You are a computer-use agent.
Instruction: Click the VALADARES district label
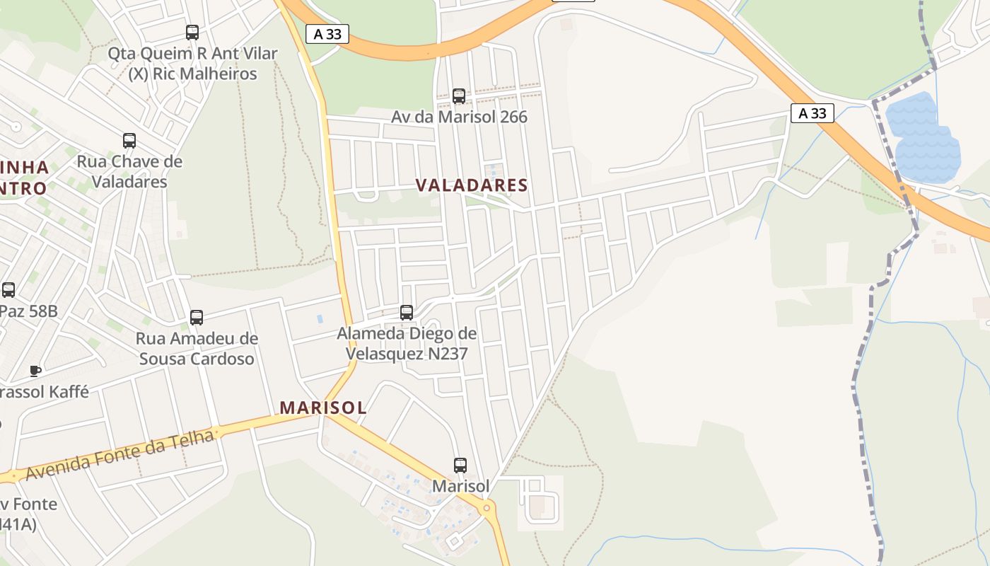tap(472, 185)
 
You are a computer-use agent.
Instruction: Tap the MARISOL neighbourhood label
tap(323, 408)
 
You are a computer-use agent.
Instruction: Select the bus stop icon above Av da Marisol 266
tap(459, 96)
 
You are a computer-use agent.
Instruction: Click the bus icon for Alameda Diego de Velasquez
tap(407, 312)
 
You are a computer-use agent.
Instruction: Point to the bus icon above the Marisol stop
tap(460, 465)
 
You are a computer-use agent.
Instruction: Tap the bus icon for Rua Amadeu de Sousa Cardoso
tap(197, 318)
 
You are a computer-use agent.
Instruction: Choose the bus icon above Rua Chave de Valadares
tap(129, 140)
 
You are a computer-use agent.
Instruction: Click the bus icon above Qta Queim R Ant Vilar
tap(192, 32)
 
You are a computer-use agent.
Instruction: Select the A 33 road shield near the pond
tap(813, 113)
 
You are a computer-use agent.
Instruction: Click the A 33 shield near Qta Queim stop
tap(327, 34)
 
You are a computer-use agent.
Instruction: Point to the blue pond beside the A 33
tap(923, 138)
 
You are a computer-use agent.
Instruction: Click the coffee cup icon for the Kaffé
tap(35, 371)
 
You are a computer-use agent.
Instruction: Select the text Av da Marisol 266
tap(460, 117)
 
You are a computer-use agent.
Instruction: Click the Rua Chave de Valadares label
tap(129, 171)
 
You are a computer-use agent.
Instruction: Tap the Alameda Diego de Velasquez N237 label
tap(407, 343)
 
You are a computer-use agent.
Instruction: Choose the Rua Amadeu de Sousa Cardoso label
tap(197, 349)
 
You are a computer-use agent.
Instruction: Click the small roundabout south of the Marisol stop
tap(487, 508)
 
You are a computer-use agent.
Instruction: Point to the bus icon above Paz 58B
tap(8, 289)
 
